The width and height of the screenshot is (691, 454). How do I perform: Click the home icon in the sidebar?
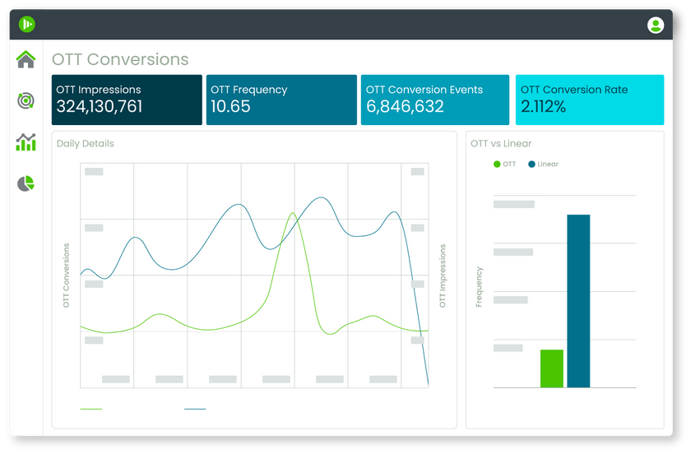tap(26, 59)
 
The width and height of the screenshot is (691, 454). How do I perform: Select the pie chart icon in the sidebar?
tap(26, 183)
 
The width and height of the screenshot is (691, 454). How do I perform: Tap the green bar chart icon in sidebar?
tap(26, 142)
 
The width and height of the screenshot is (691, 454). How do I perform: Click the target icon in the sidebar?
tap(26, 100)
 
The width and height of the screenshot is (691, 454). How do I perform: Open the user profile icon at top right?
tap(656, 25)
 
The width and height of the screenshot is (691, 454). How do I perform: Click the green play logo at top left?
tap(27, 25)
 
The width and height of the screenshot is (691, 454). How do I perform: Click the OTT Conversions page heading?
tap(120, 59)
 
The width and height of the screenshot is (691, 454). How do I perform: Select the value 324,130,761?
tap(100, 107)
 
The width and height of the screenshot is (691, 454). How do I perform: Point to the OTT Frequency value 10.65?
tap(230, 107)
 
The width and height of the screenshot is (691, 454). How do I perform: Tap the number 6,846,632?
tap(405, 107)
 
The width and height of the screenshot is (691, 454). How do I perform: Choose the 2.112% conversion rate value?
tap(544, 107)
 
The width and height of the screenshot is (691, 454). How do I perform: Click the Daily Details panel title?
tap(86, 144)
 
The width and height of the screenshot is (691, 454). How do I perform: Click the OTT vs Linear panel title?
tap(501, 144)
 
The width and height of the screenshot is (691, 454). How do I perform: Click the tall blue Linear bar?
tap(578, 300)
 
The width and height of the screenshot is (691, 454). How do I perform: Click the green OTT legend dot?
tap(497, 164)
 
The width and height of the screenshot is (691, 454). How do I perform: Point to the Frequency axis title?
tap(480, 287)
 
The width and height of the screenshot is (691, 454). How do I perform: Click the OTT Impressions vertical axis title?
tap(443, 276)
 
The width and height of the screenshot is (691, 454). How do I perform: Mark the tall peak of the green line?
tap(292, 213)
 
